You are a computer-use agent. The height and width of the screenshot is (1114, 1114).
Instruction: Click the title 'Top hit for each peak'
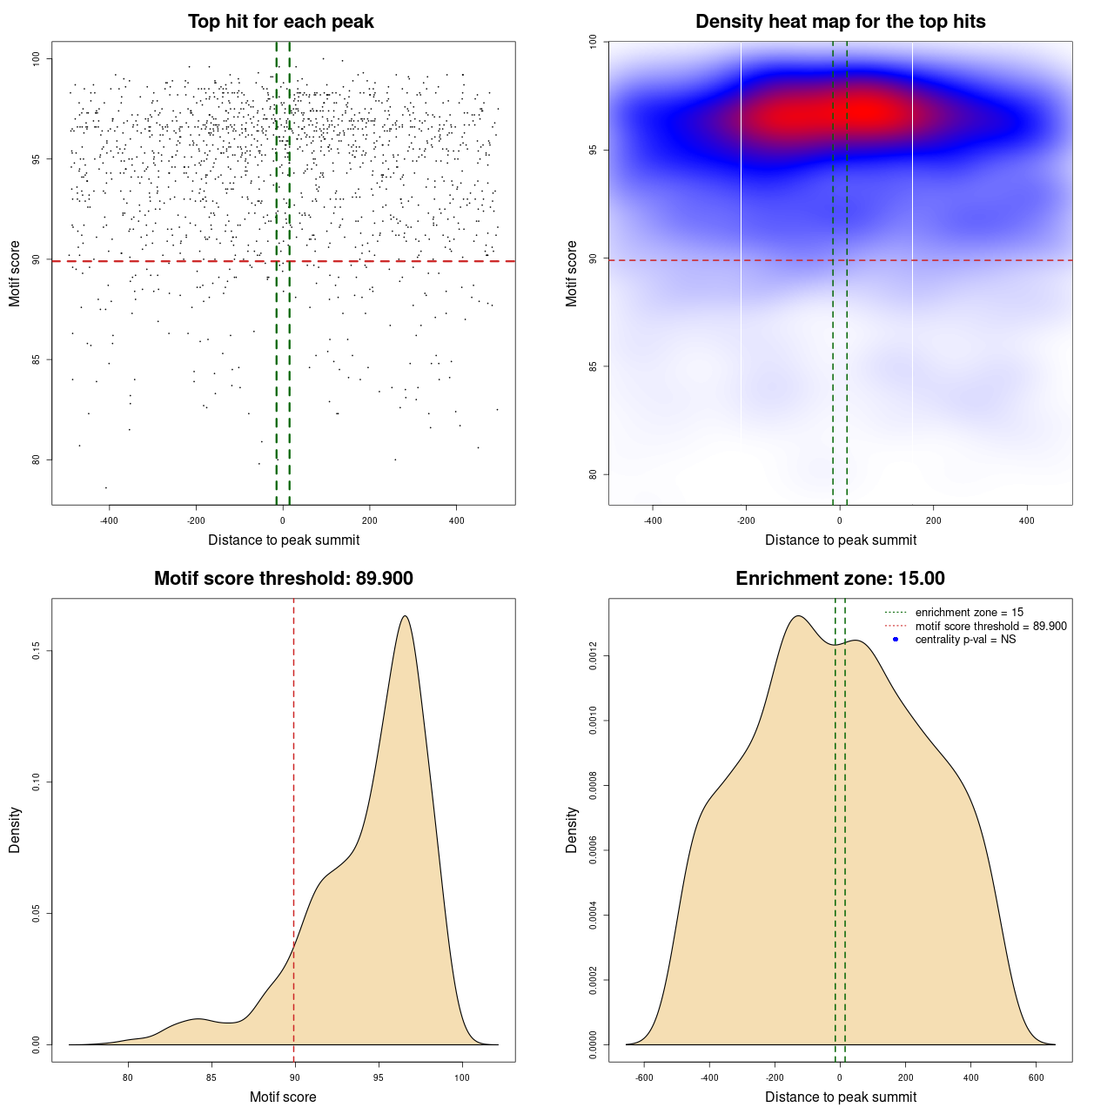pyautogui.click(x=280, y=22)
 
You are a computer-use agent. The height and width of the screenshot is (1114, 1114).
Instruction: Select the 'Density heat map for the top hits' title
pyautogui.click(x=840, y=22)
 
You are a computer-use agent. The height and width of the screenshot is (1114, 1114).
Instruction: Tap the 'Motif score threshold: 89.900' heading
pyautogui.click(x=283, y=579)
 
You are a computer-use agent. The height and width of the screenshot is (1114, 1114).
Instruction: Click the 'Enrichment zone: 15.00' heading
pyautogui.click(x=840, y=579)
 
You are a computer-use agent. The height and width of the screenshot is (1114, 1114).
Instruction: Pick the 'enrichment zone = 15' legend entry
pyautogui.click(x=969, y=613)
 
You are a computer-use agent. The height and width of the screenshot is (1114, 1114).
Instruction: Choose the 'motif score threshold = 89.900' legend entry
pyautogui.click(x=990, y=627)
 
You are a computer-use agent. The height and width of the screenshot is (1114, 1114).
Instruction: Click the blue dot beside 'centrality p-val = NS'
pyautogui.click(x=896, y=640)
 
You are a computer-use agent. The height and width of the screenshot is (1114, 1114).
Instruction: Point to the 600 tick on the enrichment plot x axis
pyautogui.click(x=1036, y=1077)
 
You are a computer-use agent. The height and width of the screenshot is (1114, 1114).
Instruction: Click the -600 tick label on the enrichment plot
pyautogui.click(x=644, y=1077)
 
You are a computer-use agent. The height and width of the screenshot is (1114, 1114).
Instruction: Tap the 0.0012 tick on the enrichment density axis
pyautogui.click(x=593, y=655)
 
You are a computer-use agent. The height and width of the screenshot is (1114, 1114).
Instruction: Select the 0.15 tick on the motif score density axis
pyautogui.click(x=36, y=651)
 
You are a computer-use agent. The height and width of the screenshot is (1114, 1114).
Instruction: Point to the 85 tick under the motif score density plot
pyautogui.click(x=211, y=1077)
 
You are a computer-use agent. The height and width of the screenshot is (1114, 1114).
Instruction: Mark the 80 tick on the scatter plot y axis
pyautogui.click(x=36, y=460)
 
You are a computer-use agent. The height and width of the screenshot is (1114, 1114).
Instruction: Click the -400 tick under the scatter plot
pyautogui.click(x=109, y=520)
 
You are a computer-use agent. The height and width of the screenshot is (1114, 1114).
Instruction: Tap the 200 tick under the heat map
pyautogui.click(x=933, y=520)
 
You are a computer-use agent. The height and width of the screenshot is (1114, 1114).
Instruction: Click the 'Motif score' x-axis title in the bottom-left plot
pyautogui.click(x=283, y=1097)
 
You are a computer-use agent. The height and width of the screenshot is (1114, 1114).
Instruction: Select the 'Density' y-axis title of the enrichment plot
pyautogui.click(x=572, y=829)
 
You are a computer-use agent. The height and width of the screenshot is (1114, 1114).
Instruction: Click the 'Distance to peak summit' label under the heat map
pyautogui.click(x=840, y=540)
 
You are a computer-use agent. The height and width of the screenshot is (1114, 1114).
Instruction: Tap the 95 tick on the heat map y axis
pyautogui.click(x=593, y=150)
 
